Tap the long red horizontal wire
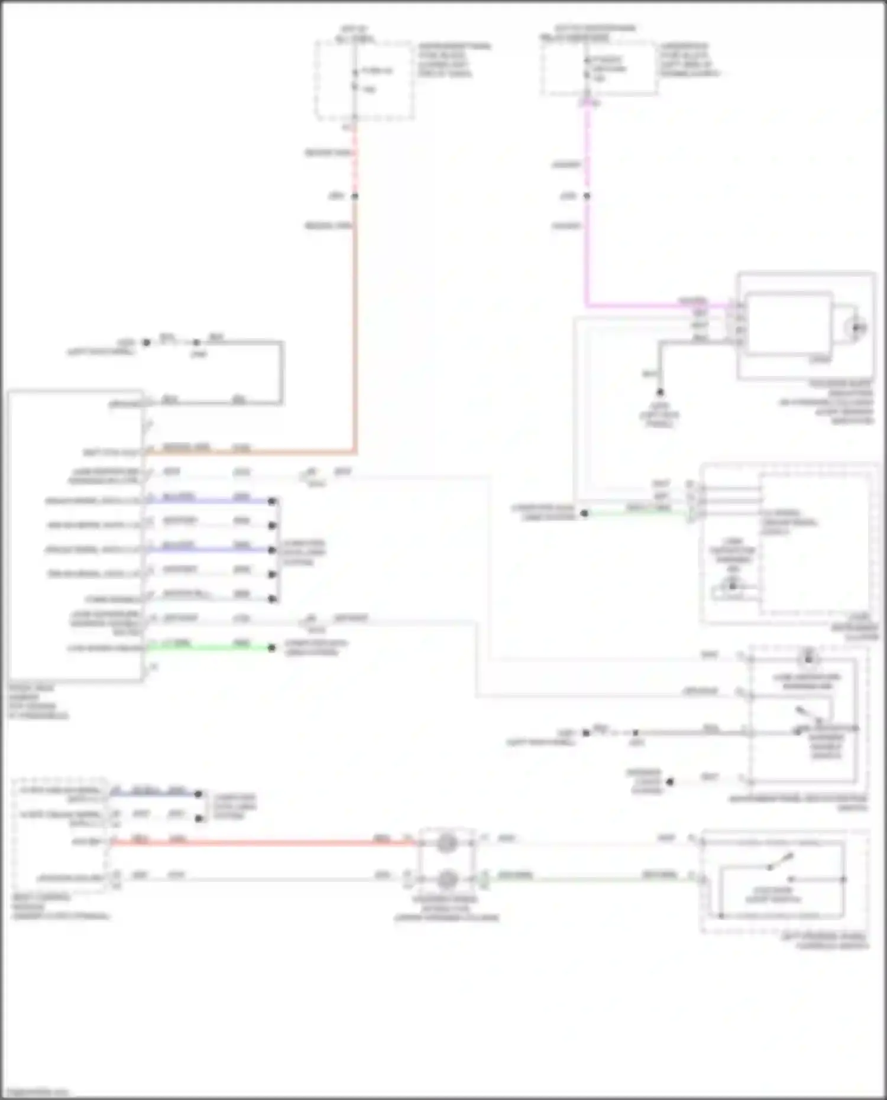point(260,842)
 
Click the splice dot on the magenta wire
point(587,196)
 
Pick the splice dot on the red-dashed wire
point(355,196)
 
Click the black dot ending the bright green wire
point(272,648)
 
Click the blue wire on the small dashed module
point(154,794)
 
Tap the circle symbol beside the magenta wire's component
point(855,327)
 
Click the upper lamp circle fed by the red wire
point(447,843)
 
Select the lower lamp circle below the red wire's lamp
point(448,880)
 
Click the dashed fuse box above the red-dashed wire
point(364,80)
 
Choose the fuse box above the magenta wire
point(600,69)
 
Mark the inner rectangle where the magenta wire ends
point(789,323)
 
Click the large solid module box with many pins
point(75,535)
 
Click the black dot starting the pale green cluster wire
point(584,514)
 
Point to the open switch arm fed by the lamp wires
point(781,861)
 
